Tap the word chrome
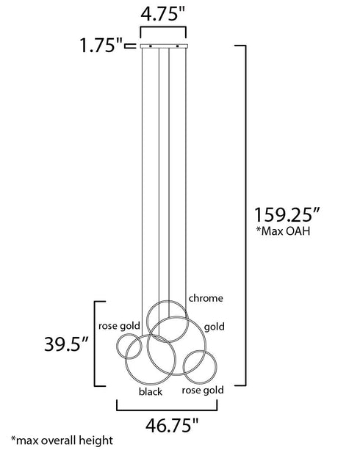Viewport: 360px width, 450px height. [206, 299]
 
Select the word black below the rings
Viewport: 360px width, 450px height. [151, 392]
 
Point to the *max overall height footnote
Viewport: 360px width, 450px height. [57, 441]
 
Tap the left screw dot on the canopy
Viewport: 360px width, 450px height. [150, 48]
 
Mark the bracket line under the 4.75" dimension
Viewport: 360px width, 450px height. [162, 31]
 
